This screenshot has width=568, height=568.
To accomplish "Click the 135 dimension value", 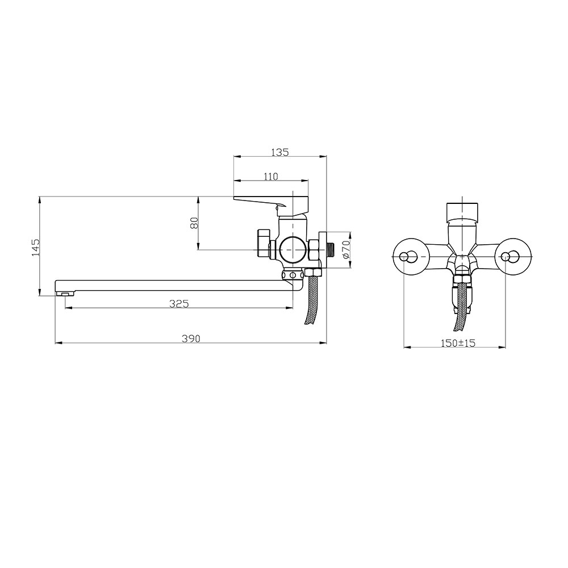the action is point(280,152).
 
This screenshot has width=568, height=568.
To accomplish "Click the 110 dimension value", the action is point(270,177).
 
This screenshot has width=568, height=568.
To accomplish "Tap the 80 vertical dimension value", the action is point(194,223).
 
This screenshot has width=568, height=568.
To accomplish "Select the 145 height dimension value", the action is point(36,248).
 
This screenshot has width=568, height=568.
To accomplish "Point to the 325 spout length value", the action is point(179,303).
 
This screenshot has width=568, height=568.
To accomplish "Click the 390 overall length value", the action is point(190,339).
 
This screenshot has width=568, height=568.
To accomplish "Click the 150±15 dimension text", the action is point(458,343).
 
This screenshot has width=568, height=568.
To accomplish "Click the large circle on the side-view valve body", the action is point(292,249).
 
